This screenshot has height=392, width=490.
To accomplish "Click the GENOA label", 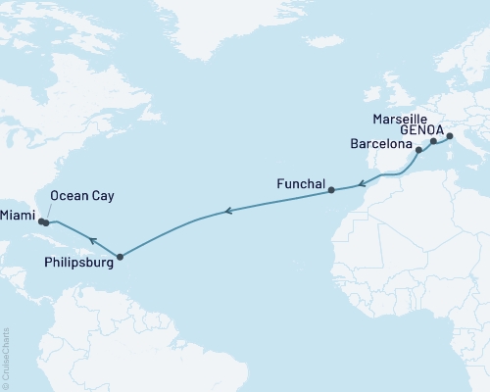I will click(x=420, y=130).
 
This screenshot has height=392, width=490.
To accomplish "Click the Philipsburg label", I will click(x=78, y=262).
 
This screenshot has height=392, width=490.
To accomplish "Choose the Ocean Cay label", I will click(x=80, y=195).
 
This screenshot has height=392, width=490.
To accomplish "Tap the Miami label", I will click(x=19, y=215).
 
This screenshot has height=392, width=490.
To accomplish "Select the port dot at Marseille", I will click(x=433, y=142).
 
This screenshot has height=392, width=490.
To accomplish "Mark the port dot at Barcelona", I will click(x=418, y=151).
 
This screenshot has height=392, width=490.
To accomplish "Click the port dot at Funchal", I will click(x=331, y=190).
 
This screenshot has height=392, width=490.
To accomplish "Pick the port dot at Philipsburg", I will click(x=120, y=258).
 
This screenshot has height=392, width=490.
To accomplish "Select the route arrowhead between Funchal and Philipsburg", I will click(x=227, y=210).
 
